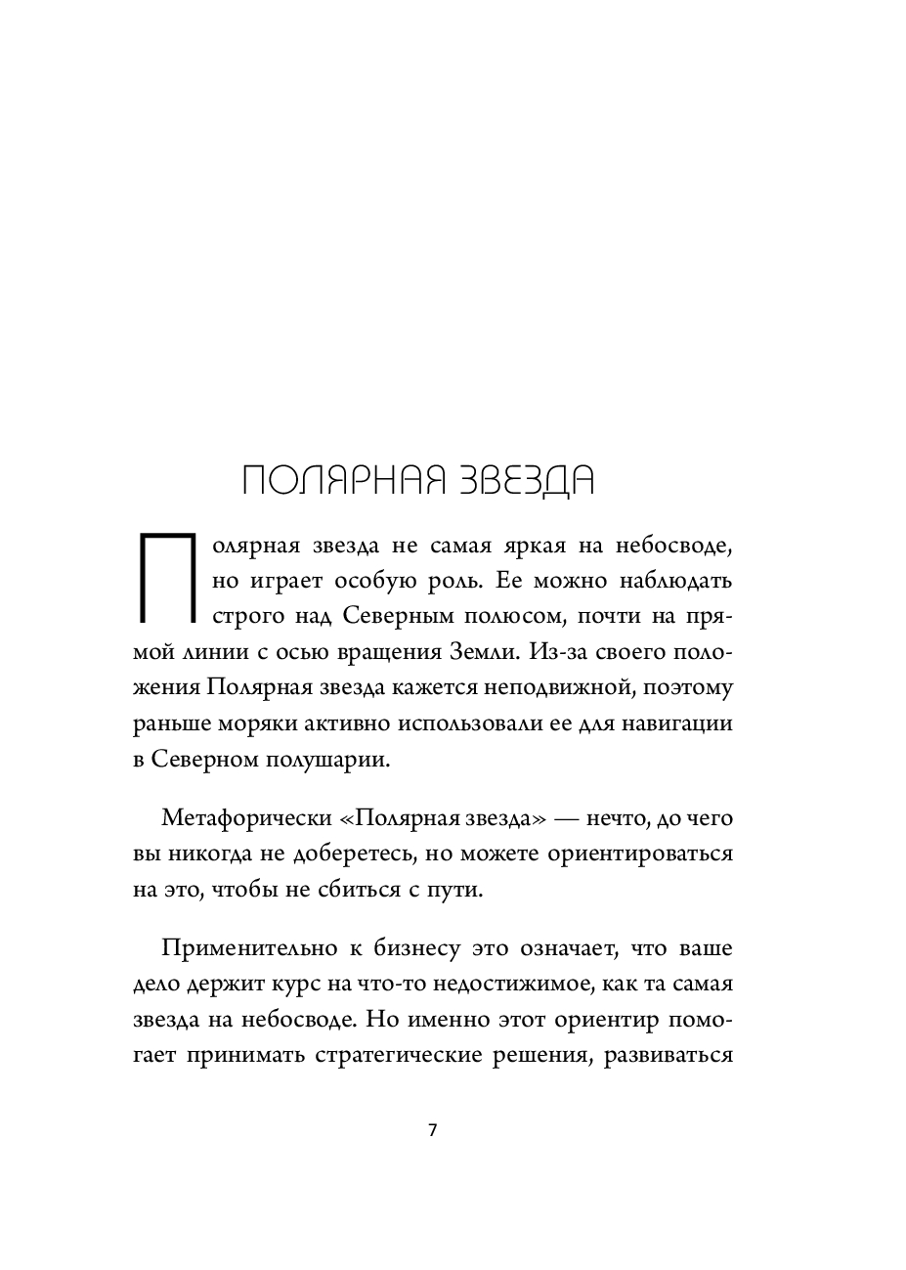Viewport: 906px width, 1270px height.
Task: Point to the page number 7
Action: [x=433, y=1130]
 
